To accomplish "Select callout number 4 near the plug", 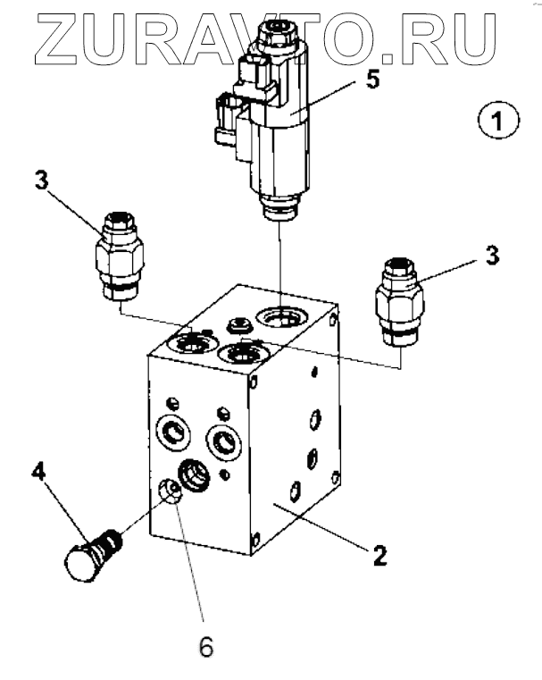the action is tap(38, 471).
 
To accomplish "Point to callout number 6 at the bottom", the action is tap(205, 647).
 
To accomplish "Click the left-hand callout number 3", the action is tap(42, 180).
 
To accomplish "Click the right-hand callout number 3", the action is tap(492, 255).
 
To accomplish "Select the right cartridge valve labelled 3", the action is tap(399, 302).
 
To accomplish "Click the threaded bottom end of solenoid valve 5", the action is tap(280, 208).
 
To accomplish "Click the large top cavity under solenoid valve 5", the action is tap(281, 317).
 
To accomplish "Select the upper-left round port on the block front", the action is tap(173, 432).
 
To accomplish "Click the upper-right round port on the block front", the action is tap(224, 442).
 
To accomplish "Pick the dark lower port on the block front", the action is tap(193, 474).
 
